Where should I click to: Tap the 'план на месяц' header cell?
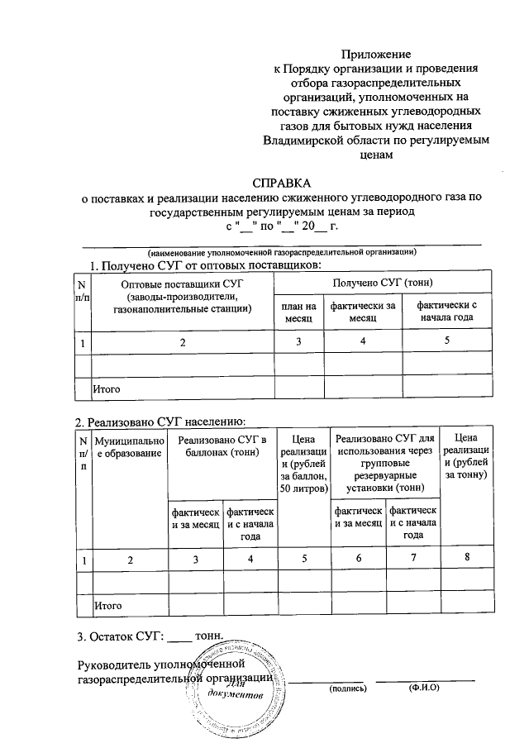point(298,312)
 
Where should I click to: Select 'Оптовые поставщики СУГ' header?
point(183,283)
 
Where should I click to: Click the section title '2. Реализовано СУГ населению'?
point(161,420)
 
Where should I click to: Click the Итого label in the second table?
point(107,606)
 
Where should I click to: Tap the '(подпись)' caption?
point(347,688)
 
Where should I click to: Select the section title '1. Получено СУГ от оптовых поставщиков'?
point(204,264)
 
